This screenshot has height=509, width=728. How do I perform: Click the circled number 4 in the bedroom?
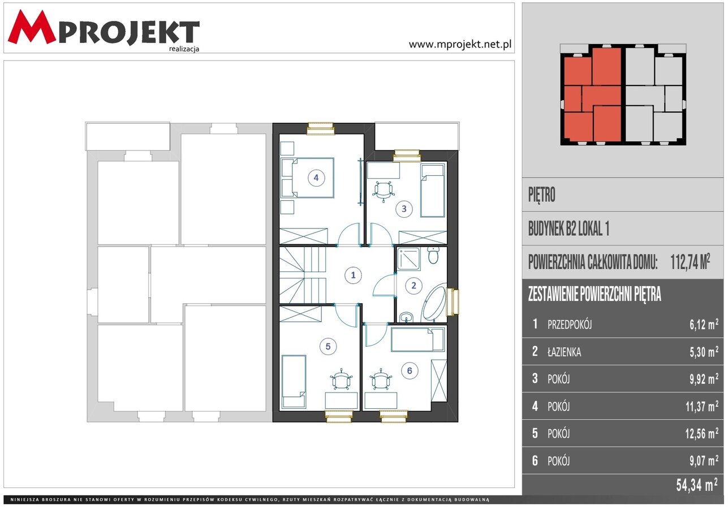pos(316,178)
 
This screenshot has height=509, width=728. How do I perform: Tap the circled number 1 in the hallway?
pos(354,275)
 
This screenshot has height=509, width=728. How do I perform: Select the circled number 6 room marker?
pos(410,370)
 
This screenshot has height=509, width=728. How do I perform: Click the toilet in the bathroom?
pos(433,256)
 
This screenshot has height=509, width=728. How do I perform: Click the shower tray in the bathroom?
pos(408,259)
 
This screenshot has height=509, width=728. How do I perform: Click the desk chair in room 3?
pos(384,191)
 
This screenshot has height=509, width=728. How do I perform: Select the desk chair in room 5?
pos(341,379)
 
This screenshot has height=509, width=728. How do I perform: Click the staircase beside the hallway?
pos(303,275)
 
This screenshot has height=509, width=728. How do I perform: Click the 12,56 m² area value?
pos(701,434)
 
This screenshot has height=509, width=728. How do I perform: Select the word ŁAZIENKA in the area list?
pos(564,352)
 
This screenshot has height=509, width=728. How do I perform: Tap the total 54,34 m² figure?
pos(697,485)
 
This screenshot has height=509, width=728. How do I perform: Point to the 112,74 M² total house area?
pos(690,262)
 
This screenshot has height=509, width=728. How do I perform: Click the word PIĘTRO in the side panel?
pos(541,195)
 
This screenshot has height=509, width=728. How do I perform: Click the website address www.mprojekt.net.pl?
pos(460,44)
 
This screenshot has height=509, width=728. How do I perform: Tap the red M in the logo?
pos(32,27)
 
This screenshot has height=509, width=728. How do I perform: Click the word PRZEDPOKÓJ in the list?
pos(570,325)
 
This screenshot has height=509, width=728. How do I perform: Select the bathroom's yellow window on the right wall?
pos(453,302)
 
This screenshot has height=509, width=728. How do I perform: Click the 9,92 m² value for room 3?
pos(704,379)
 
